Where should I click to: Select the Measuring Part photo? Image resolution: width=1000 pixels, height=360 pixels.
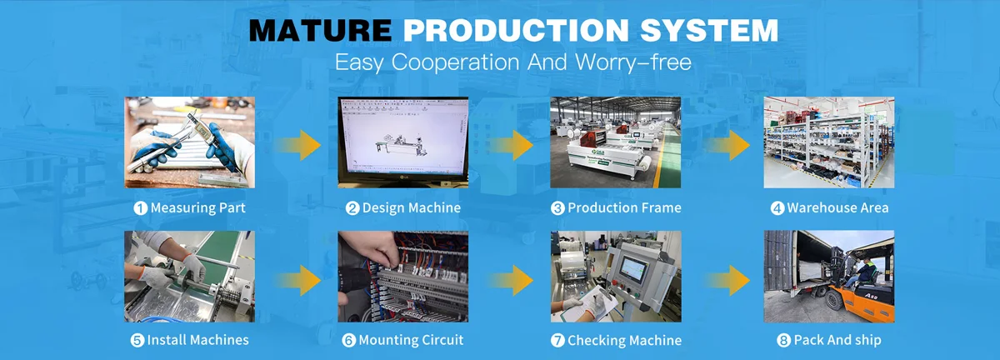[190, 142]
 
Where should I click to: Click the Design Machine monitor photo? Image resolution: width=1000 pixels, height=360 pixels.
[402, 142]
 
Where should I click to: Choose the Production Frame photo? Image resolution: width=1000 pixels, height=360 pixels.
[615, 142]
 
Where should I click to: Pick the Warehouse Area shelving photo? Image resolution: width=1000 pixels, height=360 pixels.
[829, 142]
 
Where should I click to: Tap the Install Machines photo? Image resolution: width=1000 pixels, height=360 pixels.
[190, 276]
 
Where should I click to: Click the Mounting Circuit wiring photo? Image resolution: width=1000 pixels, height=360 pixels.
[402, 276]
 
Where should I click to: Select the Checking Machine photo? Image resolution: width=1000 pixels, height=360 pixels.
[615, 276]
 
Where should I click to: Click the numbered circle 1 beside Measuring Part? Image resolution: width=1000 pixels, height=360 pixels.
[141, 207]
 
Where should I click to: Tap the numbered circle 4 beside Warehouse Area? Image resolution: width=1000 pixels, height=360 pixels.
[777, 207]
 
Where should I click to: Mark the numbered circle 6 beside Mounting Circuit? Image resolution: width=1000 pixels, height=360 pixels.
[348, 340]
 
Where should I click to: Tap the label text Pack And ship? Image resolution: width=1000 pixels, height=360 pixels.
[837, 340]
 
